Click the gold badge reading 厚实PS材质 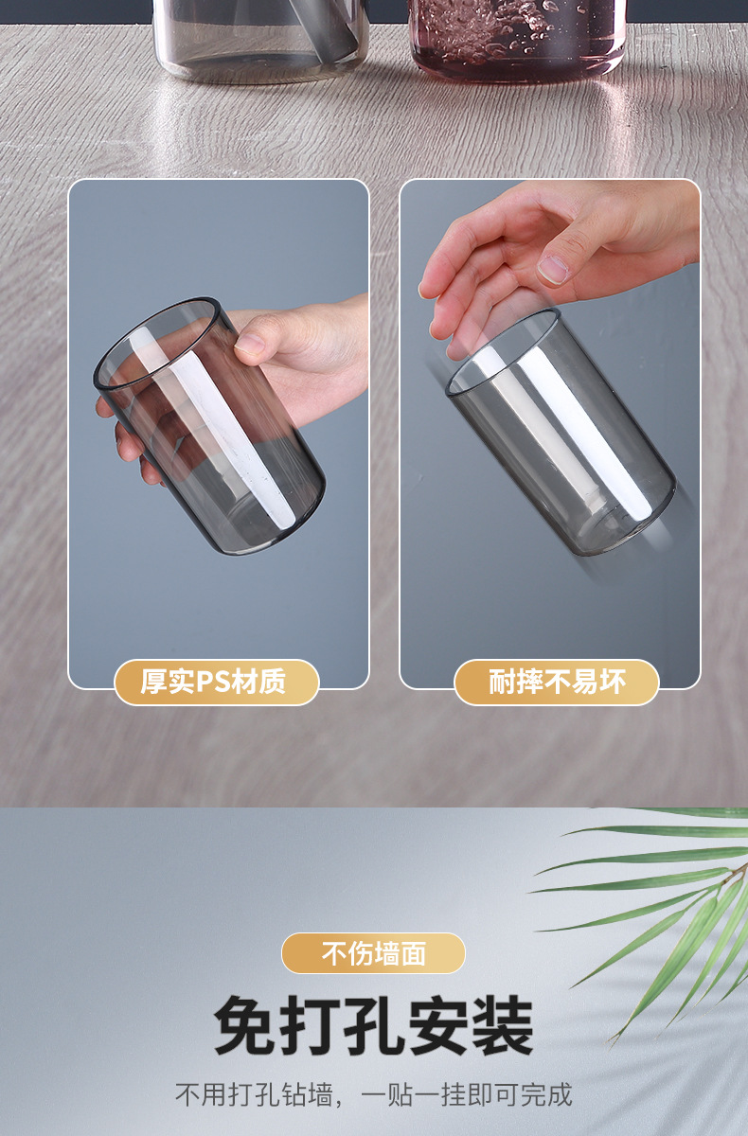(216, 682)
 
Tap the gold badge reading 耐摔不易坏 (557, 682)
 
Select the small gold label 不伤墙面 (373, 953)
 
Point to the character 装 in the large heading (501, 1026)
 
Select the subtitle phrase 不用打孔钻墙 (254, 1094)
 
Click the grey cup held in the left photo (210, 426)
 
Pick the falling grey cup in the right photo (561, 431)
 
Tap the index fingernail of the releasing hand (554, 269)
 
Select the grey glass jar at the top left (260, 38)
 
